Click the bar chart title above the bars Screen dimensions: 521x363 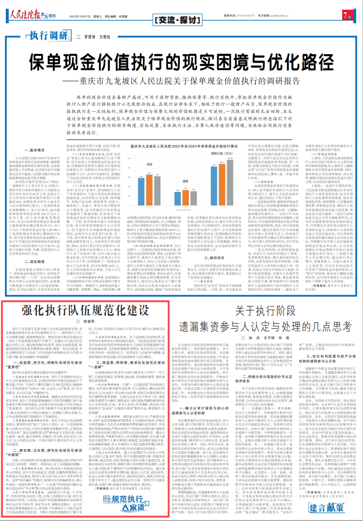[x=181, y=145]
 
